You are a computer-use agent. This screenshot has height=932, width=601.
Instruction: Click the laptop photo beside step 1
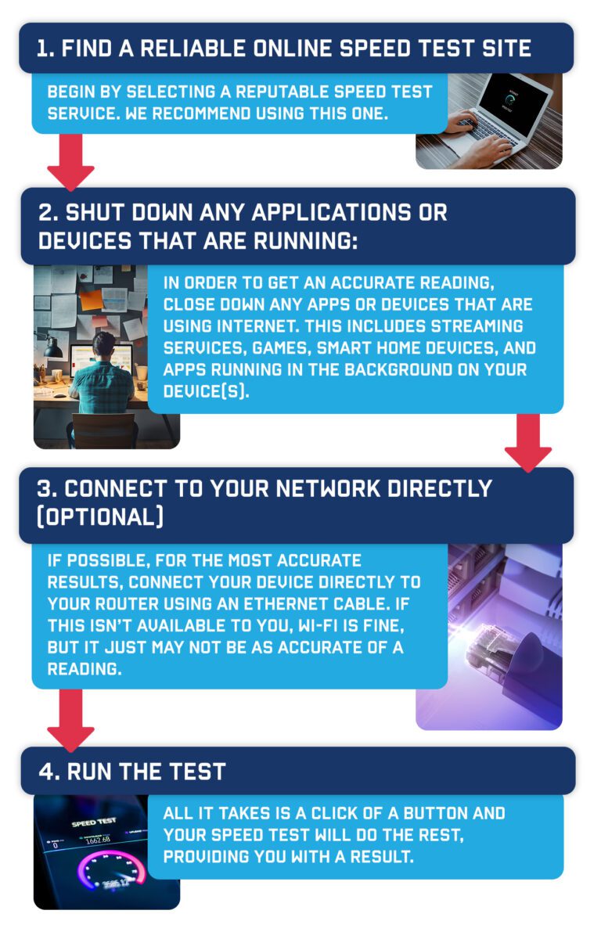point(488,121)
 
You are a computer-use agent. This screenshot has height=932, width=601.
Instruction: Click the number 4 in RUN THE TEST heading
point(48,772)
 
